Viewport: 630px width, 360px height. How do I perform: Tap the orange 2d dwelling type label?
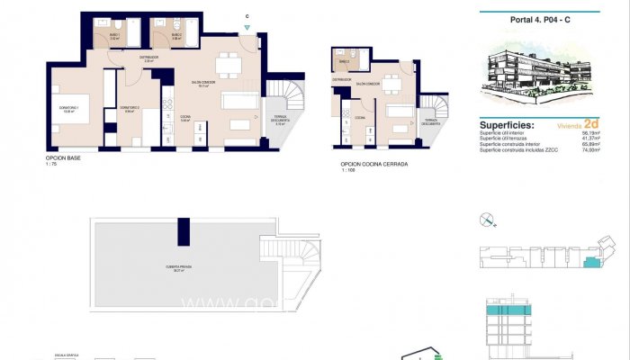(590, 125)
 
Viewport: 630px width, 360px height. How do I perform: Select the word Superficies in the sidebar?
(507, 126)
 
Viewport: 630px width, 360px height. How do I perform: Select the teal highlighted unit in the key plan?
(589, 263)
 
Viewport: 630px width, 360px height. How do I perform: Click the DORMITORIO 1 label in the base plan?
(69, 109)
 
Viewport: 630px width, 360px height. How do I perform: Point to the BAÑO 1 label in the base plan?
(114, 36)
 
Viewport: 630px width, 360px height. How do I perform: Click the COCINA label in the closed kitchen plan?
(359, 118)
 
